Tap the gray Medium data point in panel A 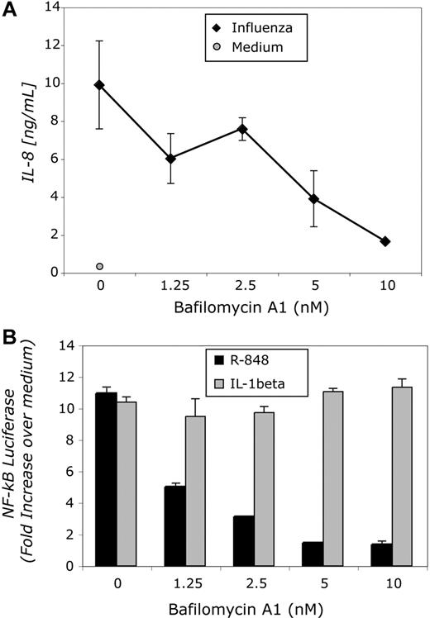point(100,266)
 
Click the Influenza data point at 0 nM point(99,84)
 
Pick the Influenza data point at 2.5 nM point(242,129)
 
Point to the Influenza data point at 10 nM point(385,240)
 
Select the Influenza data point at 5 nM point(313,199)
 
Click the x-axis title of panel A point(241,312)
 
